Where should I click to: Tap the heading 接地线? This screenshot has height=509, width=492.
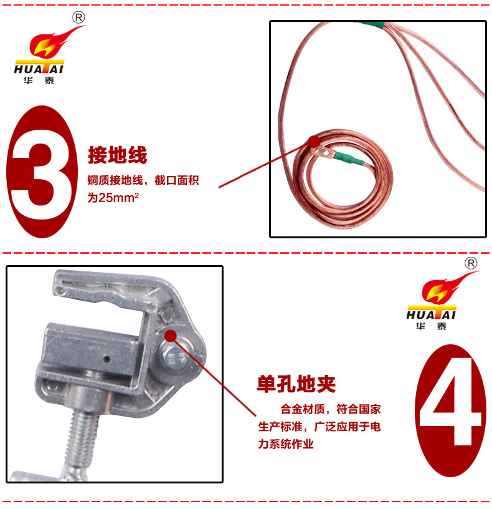coord(118,155)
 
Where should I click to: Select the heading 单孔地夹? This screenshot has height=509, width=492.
coord(296,384)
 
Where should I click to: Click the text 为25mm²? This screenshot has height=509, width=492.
coord(113,197)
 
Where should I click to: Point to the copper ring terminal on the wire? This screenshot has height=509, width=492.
coord(321,152)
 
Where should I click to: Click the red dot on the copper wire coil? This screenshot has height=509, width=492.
coord(314,141)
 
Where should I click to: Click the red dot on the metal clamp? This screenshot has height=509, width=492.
coord(171,336)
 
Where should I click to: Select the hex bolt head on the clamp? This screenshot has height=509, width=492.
coord(173,357)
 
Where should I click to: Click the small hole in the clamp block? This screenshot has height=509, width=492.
coord(106,359)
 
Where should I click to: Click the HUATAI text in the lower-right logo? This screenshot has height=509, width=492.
coord(432,315)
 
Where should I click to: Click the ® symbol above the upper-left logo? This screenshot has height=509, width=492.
coord(78,17)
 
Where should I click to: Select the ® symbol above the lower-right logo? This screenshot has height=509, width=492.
coord(471,263)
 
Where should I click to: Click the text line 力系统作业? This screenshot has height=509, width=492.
coord(286,444)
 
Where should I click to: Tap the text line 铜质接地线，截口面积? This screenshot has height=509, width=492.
coord(143,180)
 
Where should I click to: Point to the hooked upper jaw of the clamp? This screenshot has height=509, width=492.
coord(107,286)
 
